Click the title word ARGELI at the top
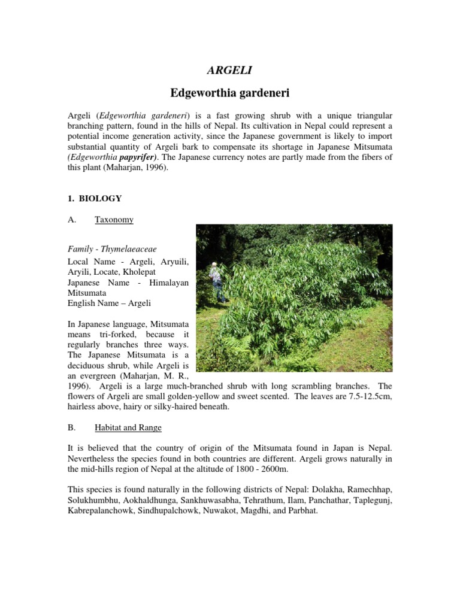229,71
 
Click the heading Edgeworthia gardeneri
230,93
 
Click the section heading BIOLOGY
100,198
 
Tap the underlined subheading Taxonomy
114,220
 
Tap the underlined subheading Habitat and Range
128,428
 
